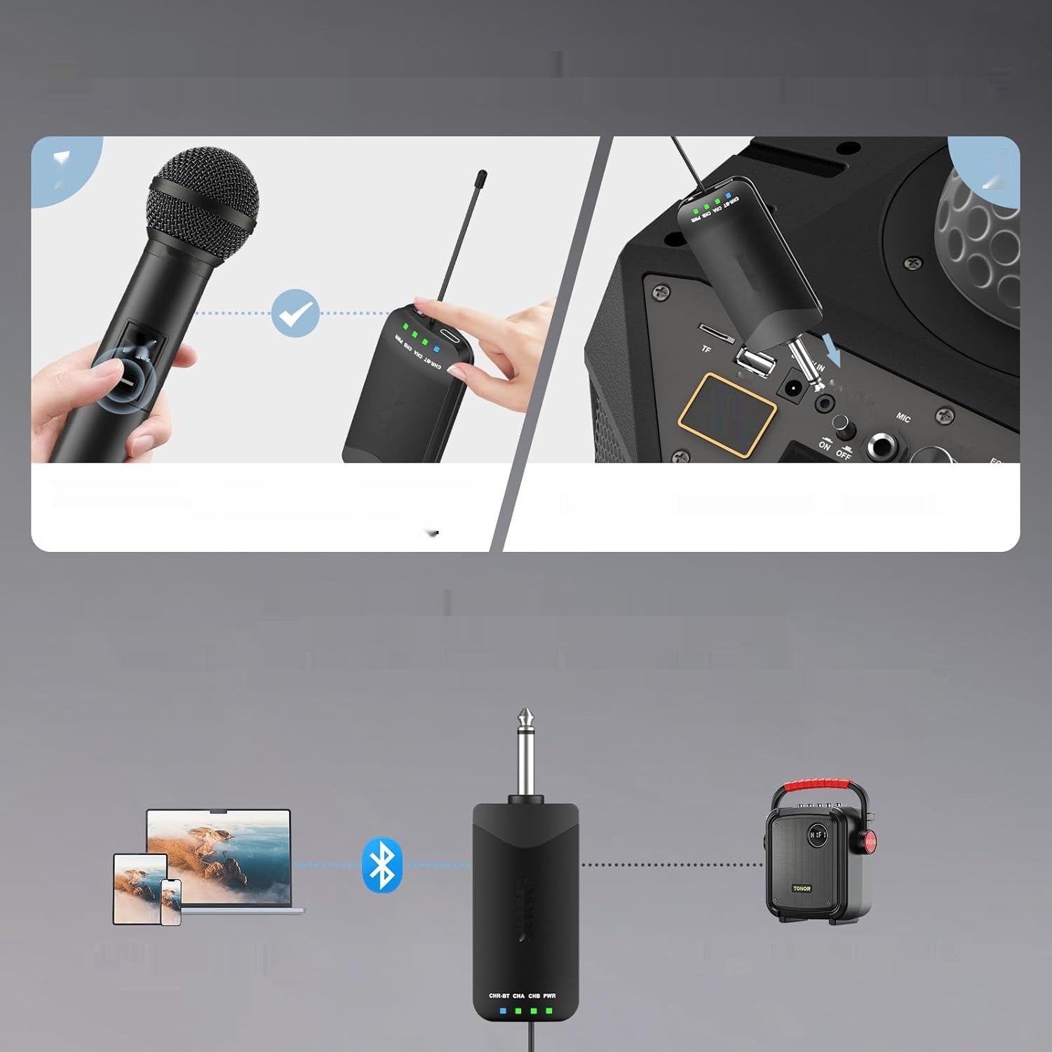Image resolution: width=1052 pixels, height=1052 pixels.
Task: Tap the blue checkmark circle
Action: point(295,313)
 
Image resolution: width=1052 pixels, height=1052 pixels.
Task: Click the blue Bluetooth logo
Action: point(382,865)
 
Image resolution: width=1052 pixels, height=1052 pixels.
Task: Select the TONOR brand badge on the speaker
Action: point(801,888)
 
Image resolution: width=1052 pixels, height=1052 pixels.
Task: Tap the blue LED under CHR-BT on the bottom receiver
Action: point(502,1011)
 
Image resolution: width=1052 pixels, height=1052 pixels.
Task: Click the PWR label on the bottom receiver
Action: point(549,996)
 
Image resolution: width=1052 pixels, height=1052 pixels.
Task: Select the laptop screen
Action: point(218,857)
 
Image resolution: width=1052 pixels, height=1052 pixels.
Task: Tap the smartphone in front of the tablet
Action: point(170,901)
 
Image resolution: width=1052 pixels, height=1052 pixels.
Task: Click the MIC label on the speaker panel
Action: point(903,417)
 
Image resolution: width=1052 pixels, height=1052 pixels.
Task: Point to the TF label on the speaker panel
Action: point(706,349)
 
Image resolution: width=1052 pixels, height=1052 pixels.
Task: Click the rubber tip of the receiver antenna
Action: point(481,176)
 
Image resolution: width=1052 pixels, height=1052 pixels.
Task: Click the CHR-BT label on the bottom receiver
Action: point(499,996)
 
